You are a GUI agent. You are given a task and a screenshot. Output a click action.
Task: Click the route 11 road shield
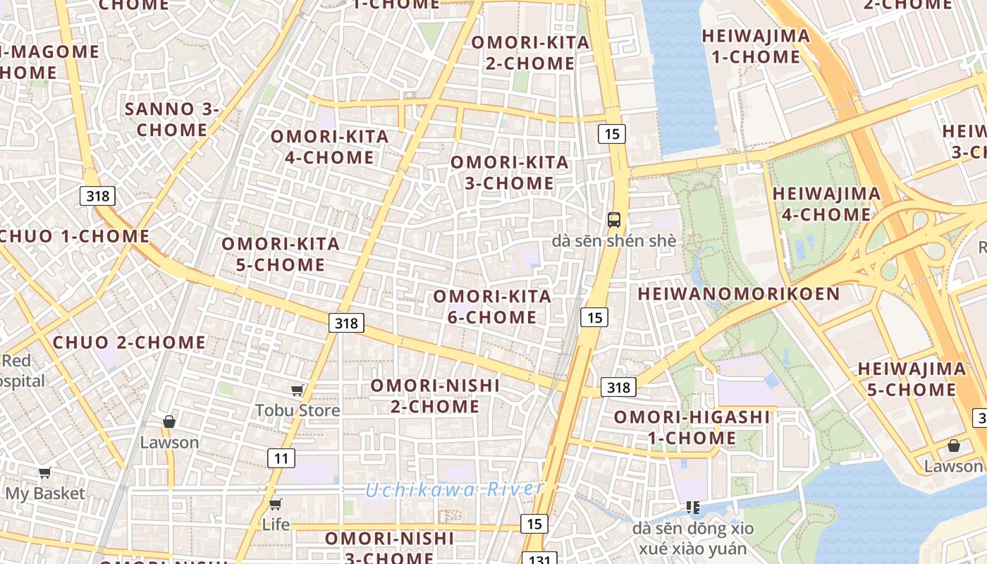tap(281, 459)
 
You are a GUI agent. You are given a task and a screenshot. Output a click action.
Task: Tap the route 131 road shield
tap(539, 558)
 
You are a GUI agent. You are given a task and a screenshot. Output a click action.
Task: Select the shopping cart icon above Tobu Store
tap(297, 390)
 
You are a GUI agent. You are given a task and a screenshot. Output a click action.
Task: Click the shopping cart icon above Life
tap(275, 504)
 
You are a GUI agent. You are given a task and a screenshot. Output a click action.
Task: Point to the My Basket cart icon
tap(45, 472)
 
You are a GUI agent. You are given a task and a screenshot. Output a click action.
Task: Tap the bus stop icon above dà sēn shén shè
tap(614, 219)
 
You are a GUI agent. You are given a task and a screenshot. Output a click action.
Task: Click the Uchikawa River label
tap(455, 489)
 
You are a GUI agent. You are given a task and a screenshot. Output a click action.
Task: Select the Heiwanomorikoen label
tap(739, 294)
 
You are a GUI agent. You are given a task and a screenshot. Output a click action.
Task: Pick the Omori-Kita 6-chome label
tap(492, 307)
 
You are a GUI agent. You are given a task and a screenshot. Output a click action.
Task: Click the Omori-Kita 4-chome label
tap(329, 147)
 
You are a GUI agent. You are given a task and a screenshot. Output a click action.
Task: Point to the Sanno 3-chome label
tap(172, 119)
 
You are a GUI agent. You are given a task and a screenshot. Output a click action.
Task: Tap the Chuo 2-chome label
tap(129, 343)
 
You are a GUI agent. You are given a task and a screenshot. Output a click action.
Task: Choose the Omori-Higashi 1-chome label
tap(692, 427)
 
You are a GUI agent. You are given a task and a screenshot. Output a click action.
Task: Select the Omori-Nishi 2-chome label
tap(435, 396)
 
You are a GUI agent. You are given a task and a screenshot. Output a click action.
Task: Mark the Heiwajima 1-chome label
tap(756, 47)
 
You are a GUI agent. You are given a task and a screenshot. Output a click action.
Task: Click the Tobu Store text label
tap(298, 410)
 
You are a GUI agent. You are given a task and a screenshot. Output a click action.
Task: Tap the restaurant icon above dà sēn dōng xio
tap(693, 507)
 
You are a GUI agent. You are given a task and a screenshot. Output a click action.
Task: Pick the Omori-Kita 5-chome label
tap(281, 255)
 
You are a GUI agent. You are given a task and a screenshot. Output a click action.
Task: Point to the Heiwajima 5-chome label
tap(912, 379)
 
